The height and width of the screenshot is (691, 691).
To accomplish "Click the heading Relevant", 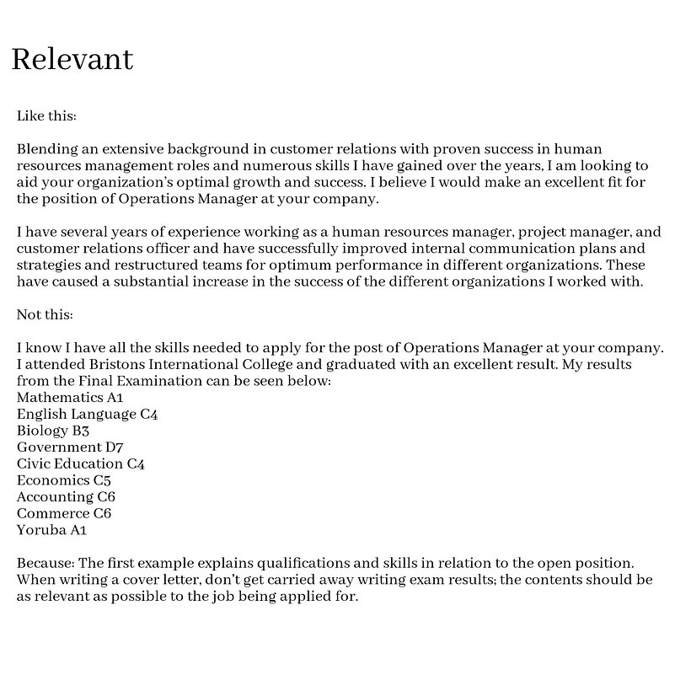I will click(x=72, y=59).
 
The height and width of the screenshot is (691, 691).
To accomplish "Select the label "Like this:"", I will click(x=46, y=115).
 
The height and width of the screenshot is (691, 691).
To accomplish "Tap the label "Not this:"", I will click(x=45, y=314).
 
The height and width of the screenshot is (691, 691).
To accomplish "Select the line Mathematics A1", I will click(x=70, y=397).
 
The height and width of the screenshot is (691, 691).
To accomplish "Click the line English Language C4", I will click(x=87, y=414).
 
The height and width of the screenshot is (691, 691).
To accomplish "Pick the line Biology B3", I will click(x=53, y=431).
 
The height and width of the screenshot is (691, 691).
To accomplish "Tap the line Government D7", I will click(x=70, y=447).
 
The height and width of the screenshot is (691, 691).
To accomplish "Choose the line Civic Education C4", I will click(x=81, y=463).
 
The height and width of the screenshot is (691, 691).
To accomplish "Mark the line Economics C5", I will click(x=64, y=480).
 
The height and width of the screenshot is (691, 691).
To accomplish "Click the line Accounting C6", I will click(x=66, y=497).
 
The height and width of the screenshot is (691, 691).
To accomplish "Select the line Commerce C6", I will click(x=64, y=513).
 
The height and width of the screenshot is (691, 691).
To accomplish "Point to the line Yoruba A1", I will click(x=51, y=530).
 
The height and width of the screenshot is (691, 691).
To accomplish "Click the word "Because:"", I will click(x=46, y=563).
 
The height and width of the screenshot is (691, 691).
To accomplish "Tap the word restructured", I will click(x=142, y=265).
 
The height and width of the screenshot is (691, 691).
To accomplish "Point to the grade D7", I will click(x=115, y=447).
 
